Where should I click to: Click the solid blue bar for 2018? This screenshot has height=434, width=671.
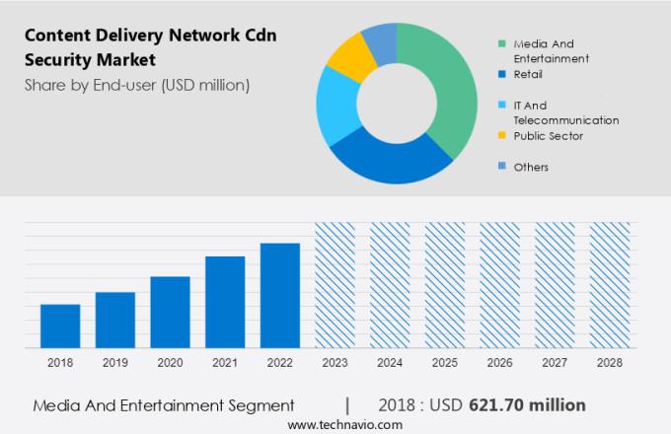click(60, 325)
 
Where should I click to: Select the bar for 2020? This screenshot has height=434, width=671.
click(170, 312)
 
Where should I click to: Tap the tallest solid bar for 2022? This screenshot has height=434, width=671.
click(279, 295)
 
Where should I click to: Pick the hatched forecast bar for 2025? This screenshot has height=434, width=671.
click(444, 285)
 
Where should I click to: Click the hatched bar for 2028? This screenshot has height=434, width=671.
click(609, 285)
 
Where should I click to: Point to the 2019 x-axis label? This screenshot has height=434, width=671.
click(115, 363)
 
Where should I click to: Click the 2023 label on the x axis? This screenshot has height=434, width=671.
click(335, 363)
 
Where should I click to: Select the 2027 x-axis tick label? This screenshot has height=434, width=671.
click(555, 363)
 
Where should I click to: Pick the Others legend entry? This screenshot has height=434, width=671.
click(531, 167)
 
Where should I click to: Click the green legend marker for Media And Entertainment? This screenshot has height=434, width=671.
click(502, 43)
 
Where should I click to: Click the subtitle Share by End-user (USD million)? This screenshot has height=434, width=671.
click(137, 85)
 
